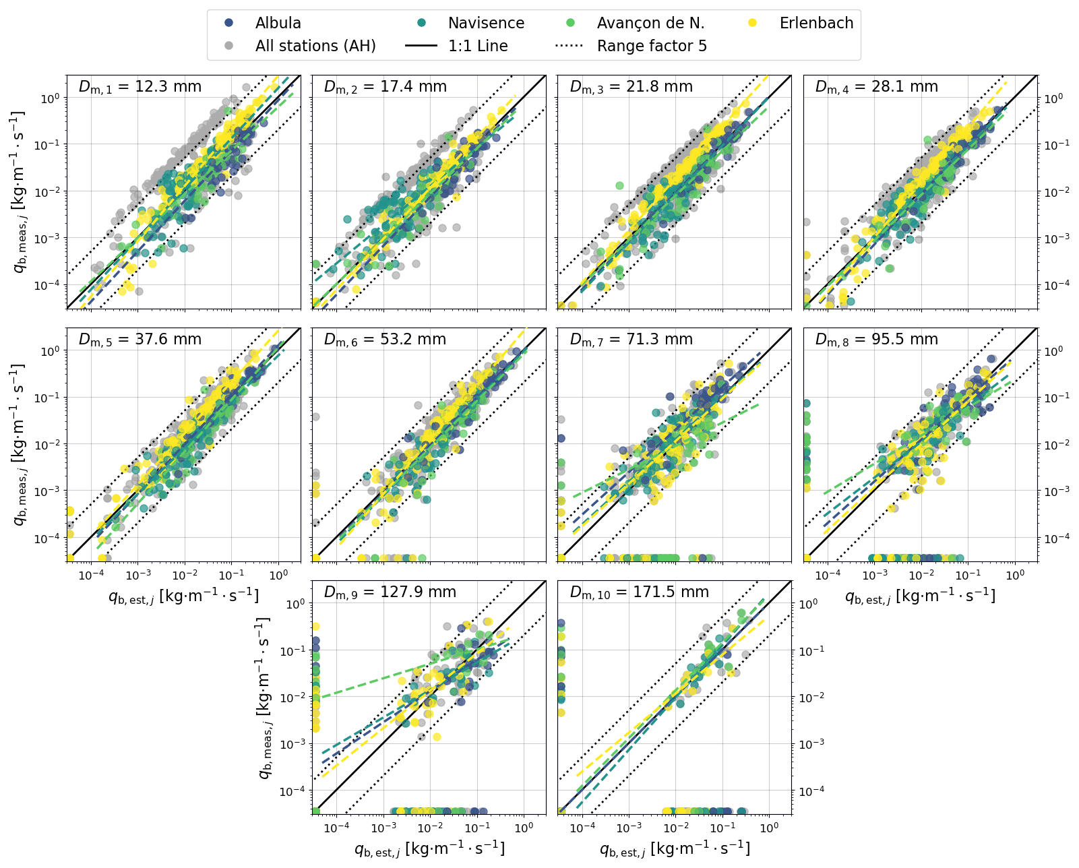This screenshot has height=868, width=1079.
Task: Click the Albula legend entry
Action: click(278, 23)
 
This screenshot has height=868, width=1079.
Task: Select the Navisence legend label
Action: click(485, 23)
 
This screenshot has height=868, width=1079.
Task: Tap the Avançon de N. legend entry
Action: click(650, 23)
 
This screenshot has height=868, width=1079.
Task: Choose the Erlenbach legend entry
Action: click(816, 23)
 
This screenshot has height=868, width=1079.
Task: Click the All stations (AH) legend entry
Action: click(315, 46)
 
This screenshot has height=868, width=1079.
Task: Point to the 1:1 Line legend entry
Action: click(478, 46)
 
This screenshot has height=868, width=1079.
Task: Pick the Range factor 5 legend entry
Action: click(652, 46)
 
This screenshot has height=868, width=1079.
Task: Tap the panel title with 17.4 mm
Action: click(386, 86)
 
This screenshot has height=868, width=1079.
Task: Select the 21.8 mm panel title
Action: click(631, 86)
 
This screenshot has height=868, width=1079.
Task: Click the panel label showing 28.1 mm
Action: click(877, 86)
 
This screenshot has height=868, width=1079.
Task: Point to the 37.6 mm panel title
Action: click(140, 339)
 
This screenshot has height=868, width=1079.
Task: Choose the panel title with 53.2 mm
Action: click(386, 339)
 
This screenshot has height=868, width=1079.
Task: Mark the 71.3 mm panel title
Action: click(631, 339)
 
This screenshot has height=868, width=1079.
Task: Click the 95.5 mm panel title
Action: click(877, 339)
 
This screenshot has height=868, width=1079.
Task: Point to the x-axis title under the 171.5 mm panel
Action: click(675, 847)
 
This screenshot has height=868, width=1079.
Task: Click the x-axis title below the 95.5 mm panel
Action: click(921, 596)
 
